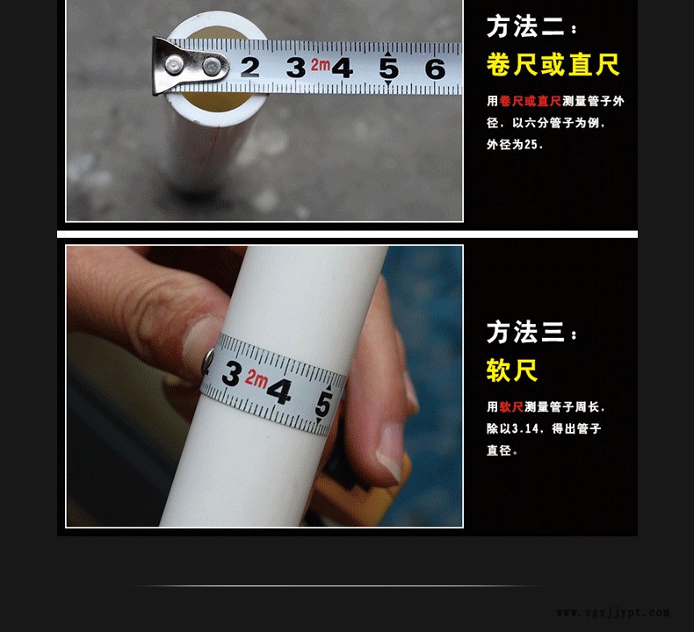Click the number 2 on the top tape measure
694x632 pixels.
point(250,68)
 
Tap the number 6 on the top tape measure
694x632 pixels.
point(435,69)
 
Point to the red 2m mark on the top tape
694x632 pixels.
point(321,65)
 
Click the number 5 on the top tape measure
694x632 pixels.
point(388,68)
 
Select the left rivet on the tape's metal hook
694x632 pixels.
point(175,65)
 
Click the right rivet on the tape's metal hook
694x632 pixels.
point(213,67)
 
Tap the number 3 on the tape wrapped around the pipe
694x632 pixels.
point(232,373)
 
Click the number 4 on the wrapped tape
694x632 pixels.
point(280,391)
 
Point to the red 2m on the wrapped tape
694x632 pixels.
point(257,379)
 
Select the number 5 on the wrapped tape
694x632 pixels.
point(323,405)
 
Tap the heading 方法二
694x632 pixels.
point(525,27)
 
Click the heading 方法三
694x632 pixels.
point(525,332)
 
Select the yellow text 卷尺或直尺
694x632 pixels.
point(553,65)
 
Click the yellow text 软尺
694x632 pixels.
point(512,370)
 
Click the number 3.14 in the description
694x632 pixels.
point(525,428)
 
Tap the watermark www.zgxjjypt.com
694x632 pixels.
point(613,613)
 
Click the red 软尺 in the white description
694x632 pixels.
point(511,407)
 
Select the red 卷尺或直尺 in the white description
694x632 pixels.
point(531,101)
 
